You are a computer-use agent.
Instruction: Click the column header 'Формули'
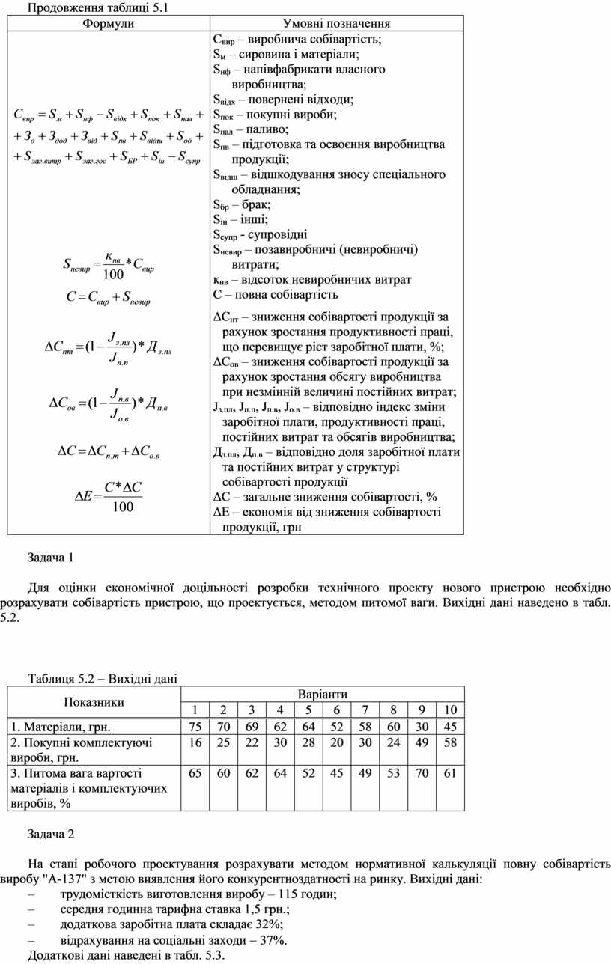coord(107,23)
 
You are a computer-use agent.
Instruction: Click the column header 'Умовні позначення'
coord(336,23)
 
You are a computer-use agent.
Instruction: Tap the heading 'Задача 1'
coord(51,558)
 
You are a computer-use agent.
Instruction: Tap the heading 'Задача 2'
coord(51,833)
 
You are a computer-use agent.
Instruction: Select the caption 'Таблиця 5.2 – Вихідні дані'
coord(103,679)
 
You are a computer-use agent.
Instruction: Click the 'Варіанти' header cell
coord(322,695)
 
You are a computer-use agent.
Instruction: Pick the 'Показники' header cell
coord(94,702)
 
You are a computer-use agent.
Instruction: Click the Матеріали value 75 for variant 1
coord(195,727)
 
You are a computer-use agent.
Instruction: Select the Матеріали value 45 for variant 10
coord(449,727)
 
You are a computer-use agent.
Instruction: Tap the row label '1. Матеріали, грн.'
coord(61,727)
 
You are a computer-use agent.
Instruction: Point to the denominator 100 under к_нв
coord(113,275)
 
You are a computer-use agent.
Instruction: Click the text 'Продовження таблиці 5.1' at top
coord(90,8)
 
